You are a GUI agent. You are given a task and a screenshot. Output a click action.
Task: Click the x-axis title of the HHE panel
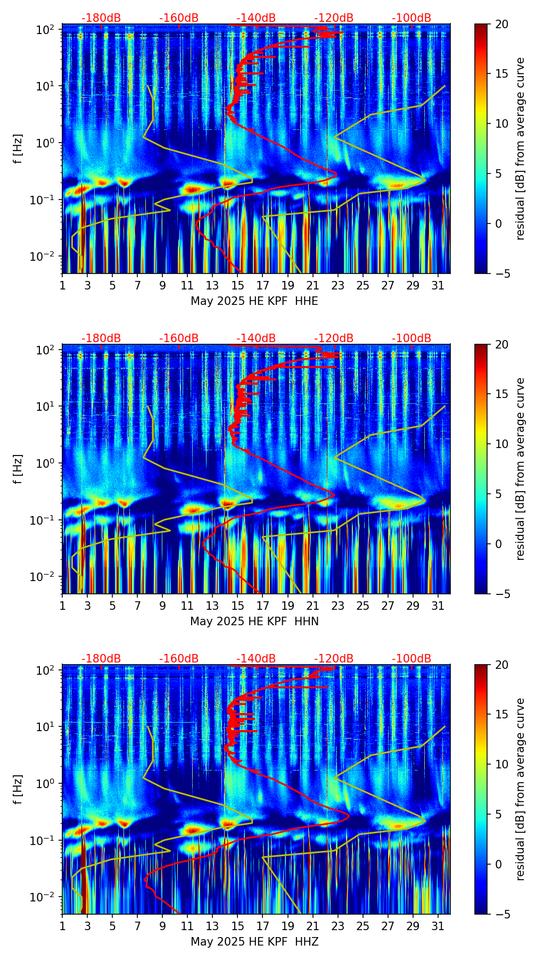(254, 301)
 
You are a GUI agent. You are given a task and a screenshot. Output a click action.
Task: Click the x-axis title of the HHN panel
(254, 622)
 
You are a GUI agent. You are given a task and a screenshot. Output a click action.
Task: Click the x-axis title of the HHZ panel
(254, 942)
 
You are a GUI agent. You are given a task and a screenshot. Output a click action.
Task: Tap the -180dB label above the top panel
(101, 18)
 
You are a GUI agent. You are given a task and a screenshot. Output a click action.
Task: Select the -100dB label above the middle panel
(411, 338)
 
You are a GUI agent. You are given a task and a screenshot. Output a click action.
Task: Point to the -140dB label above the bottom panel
(256, 659)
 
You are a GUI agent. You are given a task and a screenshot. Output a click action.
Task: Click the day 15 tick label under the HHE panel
(237, 285)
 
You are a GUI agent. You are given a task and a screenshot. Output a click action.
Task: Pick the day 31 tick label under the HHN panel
(438, 606)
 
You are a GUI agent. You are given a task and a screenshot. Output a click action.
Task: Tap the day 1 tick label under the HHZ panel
(62, 926)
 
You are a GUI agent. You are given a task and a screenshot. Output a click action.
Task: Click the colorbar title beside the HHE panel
(520, 148)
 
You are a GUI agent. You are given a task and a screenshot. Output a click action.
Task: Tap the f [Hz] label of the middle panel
(19, 469)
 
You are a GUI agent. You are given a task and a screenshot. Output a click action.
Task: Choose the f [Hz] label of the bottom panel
(19, 789)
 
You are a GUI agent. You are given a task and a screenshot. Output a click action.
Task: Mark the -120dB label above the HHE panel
(334, 18)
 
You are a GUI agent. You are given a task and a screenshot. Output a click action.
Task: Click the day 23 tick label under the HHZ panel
(337, 926)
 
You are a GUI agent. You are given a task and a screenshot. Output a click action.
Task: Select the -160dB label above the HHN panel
(179, 338)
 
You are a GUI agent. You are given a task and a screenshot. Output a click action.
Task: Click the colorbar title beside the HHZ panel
(520, 789)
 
